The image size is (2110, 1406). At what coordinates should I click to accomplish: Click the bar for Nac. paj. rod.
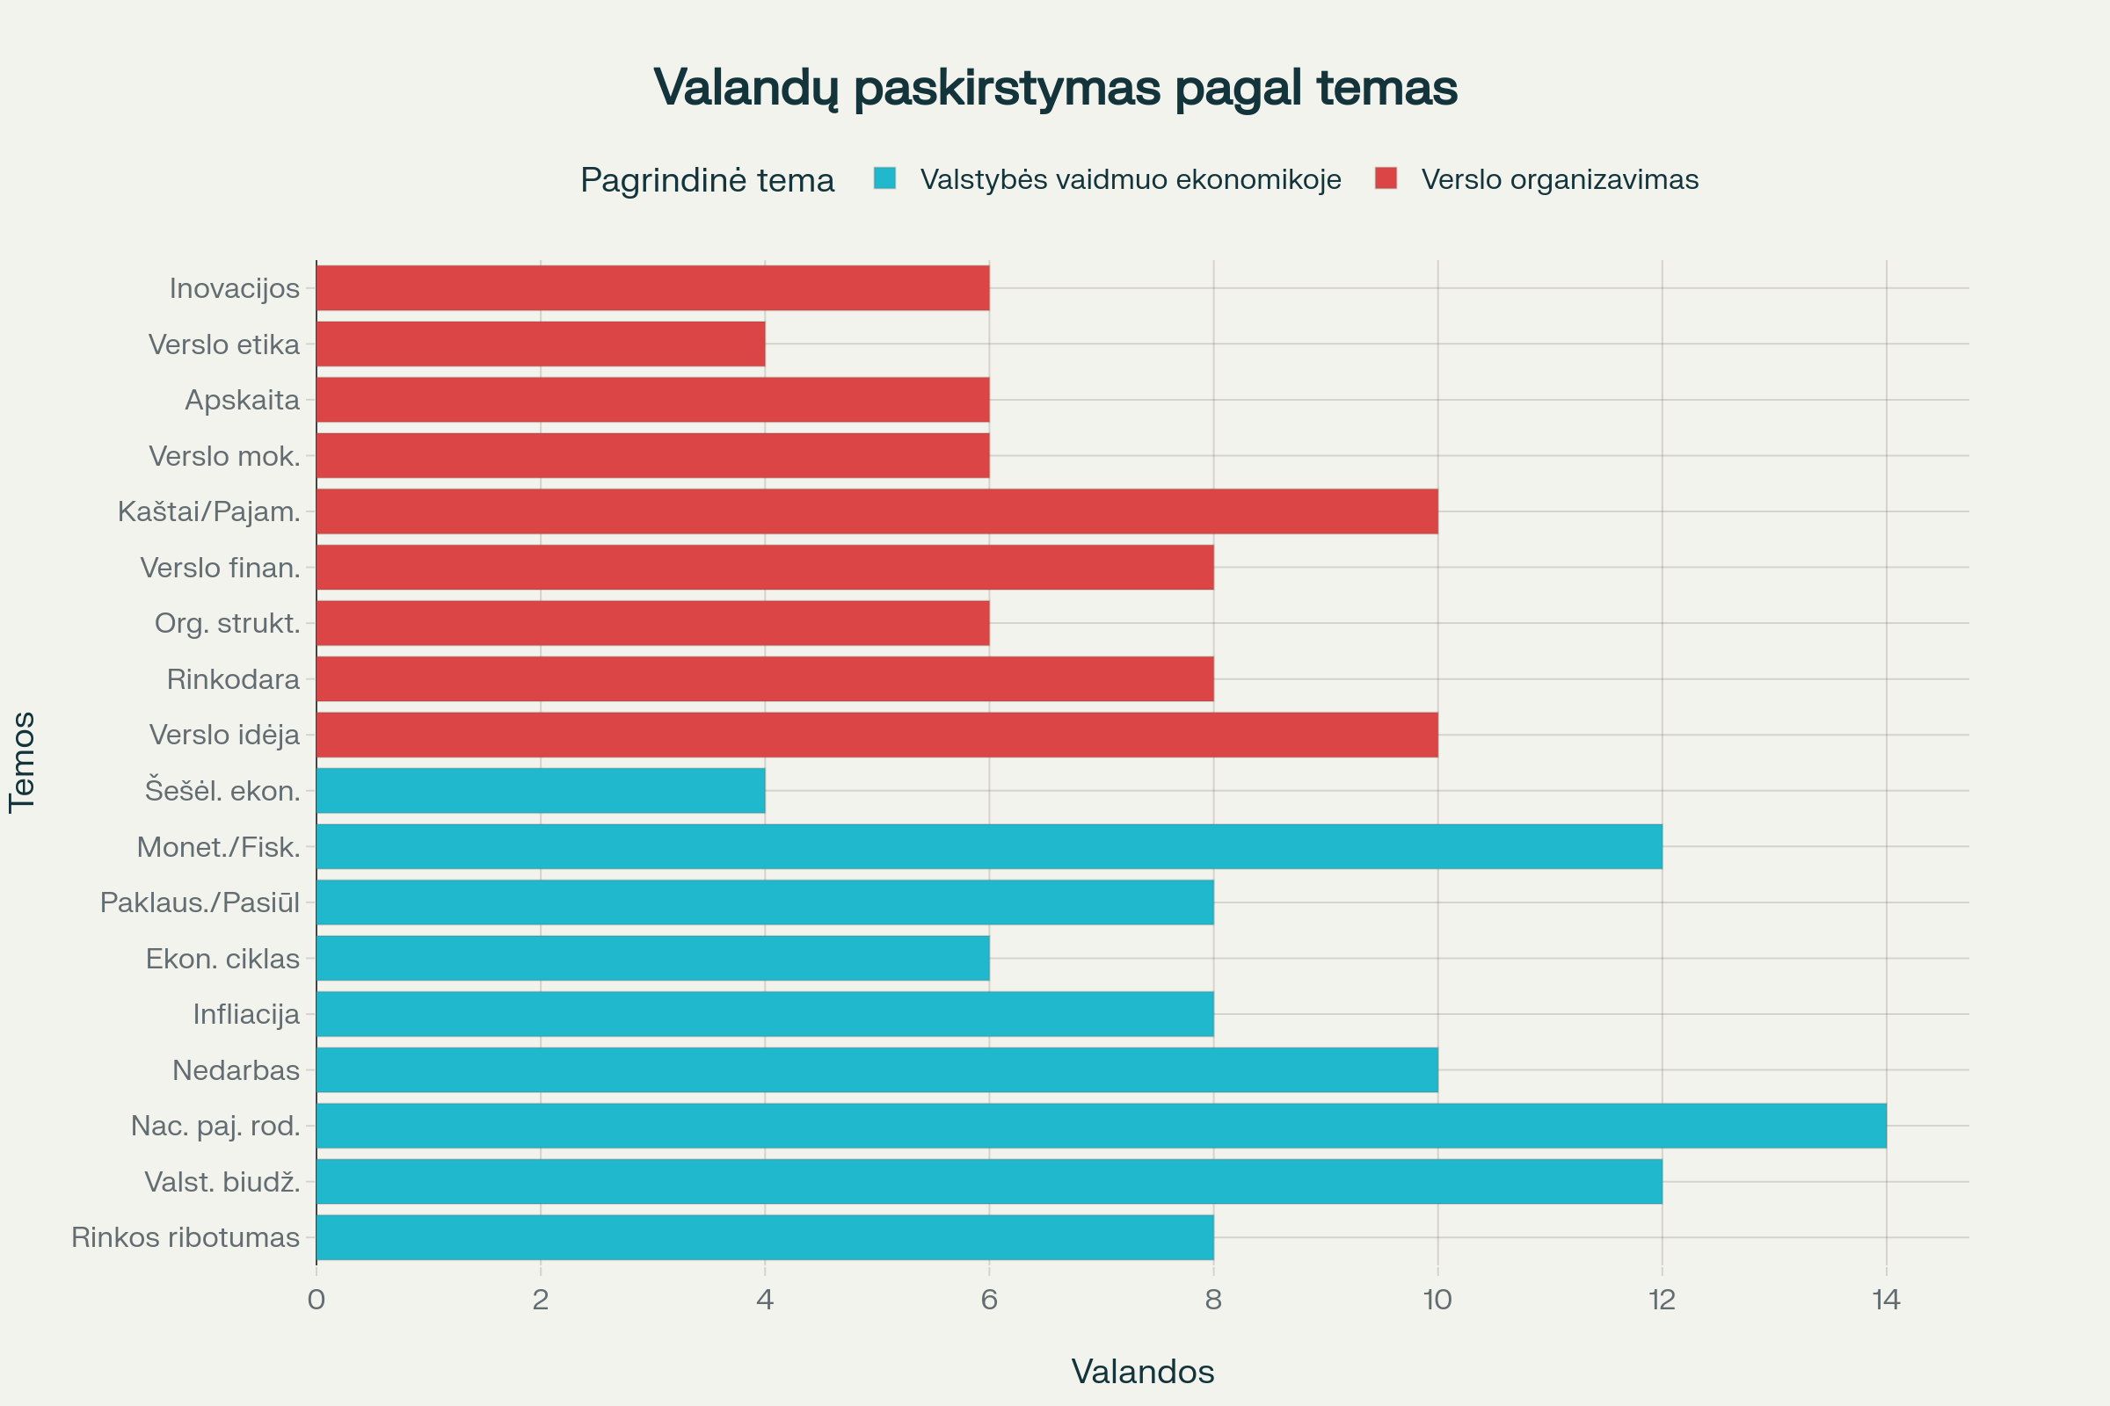pos(1101,1126)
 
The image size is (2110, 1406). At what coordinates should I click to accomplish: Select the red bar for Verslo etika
pos(540,344)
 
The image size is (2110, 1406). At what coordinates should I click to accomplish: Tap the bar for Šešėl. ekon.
pos(540,790)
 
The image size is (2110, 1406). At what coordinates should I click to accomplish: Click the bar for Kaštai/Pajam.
pos(877,511)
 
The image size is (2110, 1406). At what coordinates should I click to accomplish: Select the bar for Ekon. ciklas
pos(652,958)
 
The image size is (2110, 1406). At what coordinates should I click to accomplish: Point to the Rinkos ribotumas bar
pos(764,1236)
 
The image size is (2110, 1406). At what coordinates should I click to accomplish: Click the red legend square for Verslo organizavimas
pos(1386,178)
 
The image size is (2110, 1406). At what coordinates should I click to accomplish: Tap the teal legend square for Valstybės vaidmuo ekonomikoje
pos(884,178)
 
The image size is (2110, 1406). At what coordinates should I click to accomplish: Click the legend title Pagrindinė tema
pos(707,179)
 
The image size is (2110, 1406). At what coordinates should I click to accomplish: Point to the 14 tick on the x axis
pos(1886,1300)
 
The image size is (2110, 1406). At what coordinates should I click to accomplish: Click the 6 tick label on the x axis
pos(988,1300)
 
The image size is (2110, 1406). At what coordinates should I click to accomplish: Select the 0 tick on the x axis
pos(316,1300)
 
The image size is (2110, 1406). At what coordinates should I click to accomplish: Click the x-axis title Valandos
pos(1142,1371)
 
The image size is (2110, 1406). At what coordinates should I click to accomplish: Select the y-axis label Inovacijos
pos(234,288)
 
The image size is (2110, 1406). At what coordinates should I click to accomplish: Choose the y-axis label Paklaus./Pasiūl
pos(200,902)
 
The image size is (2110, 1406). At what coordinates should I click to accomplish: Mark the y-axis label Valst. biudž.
pos(222,1182)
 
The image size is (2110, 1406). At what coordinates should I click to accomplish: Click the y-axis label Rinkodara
pos(232,678)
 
